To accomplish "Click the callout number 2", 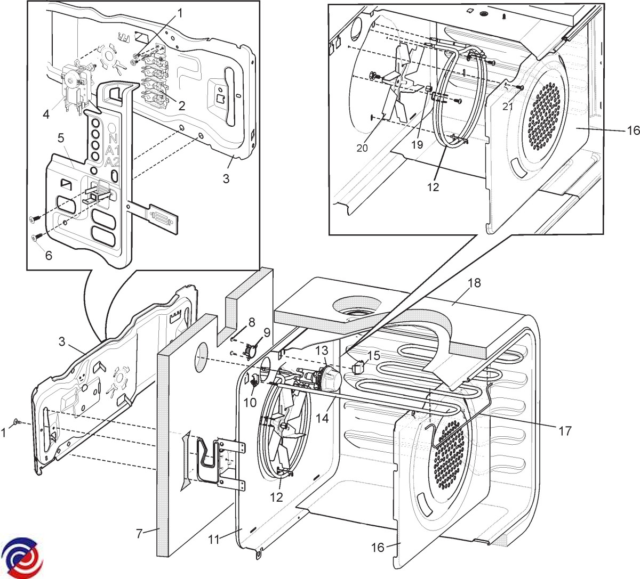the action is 182,106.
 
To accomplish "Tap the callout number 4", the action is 46,114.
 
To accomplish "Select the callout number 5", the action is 61,138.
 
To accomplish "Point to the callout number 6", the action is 49,255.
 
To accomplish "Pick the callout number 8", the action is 252,322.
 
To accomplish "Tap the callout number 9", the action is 267,333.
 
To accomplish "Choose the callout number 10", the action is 250,403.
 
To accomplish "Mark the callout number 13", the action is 322,350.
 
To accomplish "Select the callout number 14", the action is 322,418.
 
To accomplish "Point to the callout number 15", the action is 374,355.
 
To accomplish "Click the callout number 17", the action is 565,431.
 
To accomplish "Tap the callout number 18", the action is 475,283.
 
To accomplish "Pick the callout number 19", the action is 417,145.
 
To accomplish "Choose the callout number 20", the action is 362,148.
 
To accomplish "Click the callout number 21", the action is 508,106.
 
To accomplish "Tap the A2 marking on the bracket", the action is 112,162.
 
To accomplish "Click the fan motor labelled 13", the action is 322,378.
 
